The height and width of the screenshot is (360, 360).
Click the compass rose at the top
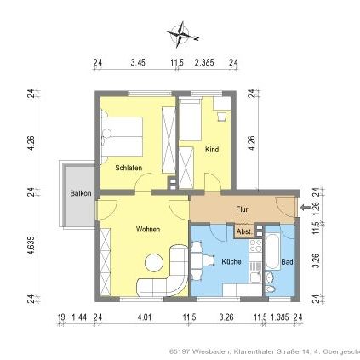[x=180, y=36]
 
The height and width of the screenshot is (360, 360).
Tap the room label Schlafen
[x=129, y=169]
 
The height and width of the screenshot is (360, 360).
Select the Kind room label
[x=212, y=149]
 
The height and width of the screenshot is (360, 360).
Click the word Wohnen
[x=148, y=229]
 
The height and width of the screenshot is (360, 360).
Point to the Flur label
[x=242, y=209]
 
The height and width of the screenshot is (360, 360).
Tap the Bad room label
[x=287, y=261]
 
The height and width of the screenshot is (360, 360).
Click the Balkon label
[x=80, y=193]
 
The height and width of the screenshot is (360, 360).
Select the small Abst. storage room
[x=243, y=231]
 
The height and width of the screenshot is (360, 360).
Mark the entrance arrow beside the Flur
[x=303, y=207]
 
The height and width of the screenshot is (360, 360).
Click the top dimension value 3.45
[x=137, y=63]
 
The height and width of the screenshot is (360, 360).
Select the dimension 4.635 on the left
[x=30, y=245]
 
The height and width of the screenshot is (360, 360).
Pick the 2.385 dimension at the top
[x=204, y=63]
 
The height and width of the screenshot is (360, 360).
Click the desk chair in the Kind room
[x=220, y=114]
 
